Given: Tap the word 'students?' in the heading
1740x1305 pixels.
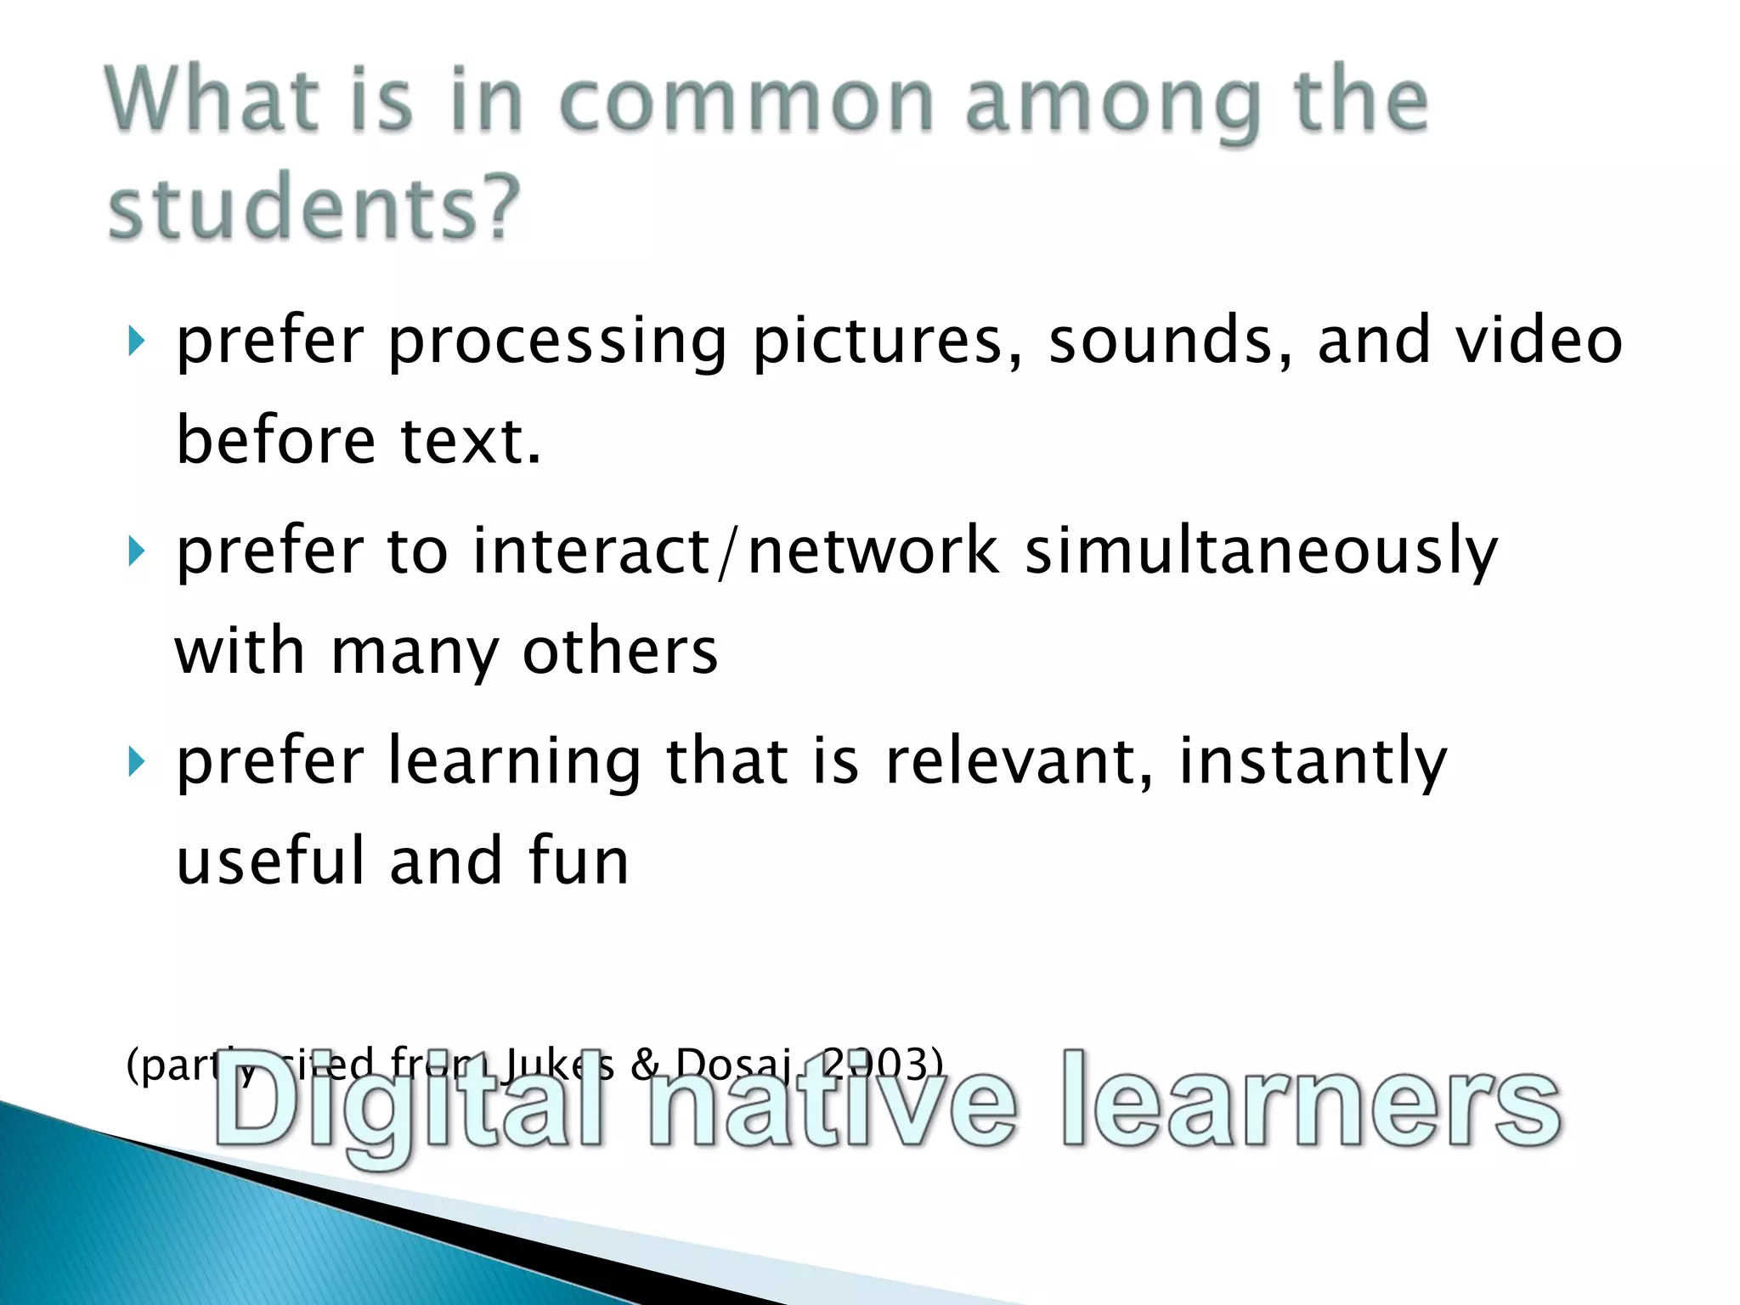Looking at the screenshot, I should pos(313,206).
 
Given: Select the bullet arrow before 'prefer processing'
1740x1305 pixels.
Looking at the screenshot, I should pos(136,342).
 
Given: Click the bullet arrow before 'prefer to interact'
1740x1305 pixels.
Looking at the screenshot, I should pos(136,552).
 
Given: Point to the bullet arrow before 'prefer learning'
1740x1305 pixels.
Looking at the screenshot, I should pos(136,762).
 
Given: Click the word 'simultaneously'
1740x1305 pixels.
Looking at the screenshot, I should pos(1261,552).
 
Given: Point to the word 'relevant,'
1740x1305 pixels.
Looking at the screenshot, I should pos(1020,760).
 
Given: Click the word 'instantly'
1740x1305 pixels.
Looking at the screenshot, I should pos(1313,762).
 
